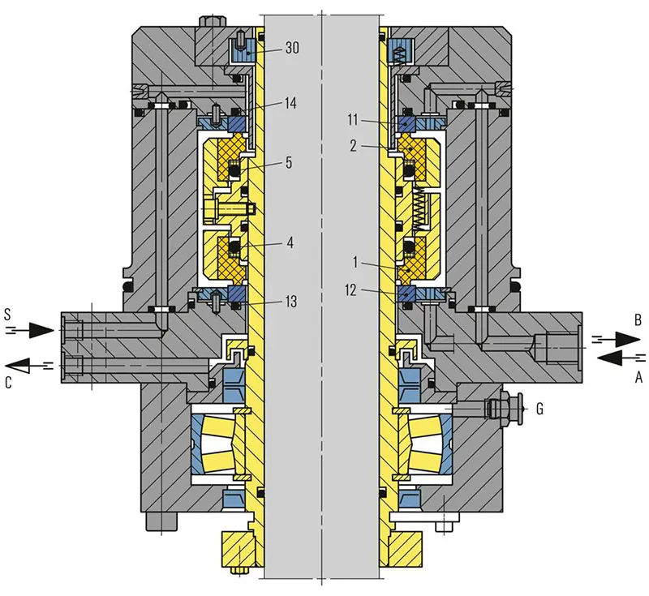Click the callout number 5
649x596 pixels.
290,162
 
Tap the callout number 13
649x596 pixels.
290,302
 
